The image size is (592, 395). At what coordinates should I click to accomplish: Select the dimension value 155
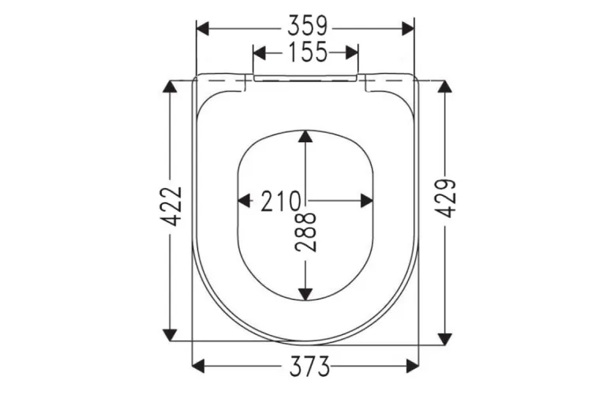[x=305, y=53]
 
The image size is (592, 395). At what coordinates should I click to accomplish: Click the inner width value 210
[x=279, y=201]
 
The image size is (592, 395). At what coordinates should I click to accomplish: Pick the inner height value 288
[x=307, y=231]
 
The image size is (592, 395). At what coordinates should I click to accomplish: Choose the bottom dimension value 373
[x=305, y=366]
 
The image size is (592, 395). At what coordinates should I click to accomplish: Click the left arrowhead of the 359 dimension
[x=202, y=28]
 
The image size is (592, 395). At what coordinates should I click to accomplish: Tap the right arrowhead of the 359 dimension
[x=408, y=28]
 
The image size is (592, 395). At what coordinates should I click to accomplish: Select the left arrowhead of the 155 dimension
[x=259, y=53]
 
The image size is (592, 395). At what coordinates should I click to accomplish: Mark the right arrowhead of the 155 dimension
[x=352, y=53]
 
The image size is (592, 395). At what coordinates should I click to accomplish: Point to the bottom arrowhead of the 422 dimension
[x=170, y=330]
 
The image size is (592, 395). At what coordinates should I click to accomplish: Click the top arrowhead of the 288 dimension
[x=306, y=139]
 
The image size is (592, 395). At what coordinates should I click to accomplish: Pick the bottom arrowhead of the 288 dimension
[x=306, y=293]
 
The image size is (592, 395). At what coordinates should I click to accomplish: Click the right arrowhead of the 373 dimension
[x=411, y=366]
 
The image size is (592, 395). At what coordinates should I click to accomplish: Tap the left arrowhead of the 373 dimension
[x=200, y=366]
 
